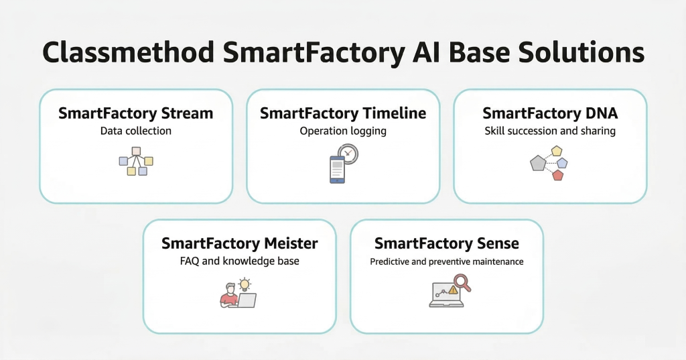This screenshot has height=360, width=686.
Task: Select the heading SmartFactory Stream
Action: coord(135,113)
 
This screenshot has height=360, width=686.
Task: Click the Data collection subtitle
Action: coord(135,131)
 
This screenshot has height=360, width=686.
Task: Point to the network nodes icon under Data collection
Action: coord(136,161)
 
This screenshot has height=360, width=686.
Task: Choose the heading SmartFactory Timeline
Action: coord(343,113)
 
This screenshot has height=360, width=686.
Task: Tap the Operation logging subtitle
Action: coord(343,131)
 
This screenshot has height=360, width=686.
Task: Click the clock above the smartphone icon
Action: coord(348,154)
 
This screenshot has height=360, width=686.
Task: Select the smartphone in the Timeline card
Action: coord(337,169)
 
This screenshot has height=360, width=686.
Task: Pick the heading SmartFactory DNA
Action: coord(550,113)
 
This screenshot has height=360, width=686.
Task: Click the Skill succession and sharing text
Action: coord(550,131)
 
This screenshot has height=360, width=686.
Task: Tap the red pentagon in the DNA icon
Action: coord(558,175)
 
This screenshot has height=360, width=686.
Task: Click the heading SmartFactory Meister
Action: coord(240,243)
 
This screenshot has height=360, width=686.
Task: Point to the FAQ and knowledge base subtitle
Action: coord(240,260)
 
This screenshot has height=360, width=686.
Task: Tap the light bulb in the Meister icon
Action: coord(245,284)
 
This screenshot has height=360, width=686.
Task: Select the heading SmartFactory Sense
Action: coord(447,243)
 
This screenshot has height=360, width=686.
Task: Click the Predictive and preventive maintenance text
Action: coord(447,261)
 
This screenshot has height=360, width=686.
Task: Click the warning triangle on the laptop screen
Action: coord(453,290)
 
